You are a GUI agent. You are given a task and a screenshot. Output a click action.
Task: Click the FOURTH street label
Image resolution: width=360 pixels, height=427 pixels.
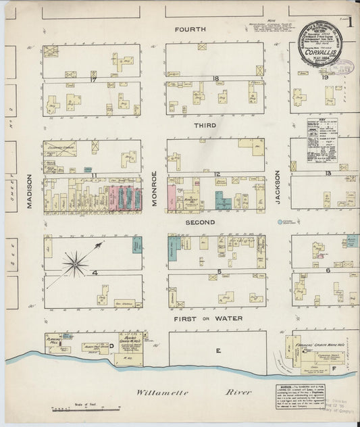point(189,30)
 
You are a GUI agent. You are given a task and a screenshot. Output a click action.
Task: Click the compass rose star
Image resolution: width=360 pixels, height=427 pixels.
point(74,261)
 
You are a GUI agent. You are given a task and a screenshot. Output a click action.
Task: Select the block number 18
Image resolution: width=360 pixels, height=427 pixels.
point(215,79)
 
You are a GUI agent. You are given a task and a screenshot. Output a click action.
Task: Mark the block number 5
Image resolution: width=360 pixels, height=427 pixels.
point(220,272)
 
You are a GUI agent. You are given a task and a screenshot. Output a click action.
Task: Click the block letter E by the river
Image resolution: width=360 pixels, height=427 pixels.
point(217,351)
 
